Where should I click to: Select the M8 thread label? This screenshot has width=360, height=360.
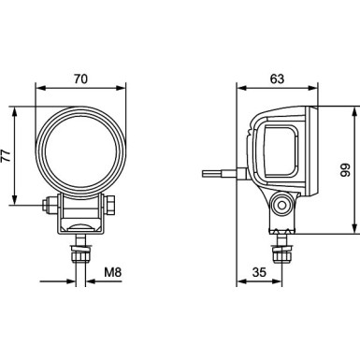[112, 273]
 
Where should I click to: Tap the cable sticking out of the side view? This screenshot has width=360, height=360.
[220, 173]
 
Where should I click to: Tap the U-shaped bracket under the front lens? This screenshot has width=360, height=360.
[79, 217]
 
